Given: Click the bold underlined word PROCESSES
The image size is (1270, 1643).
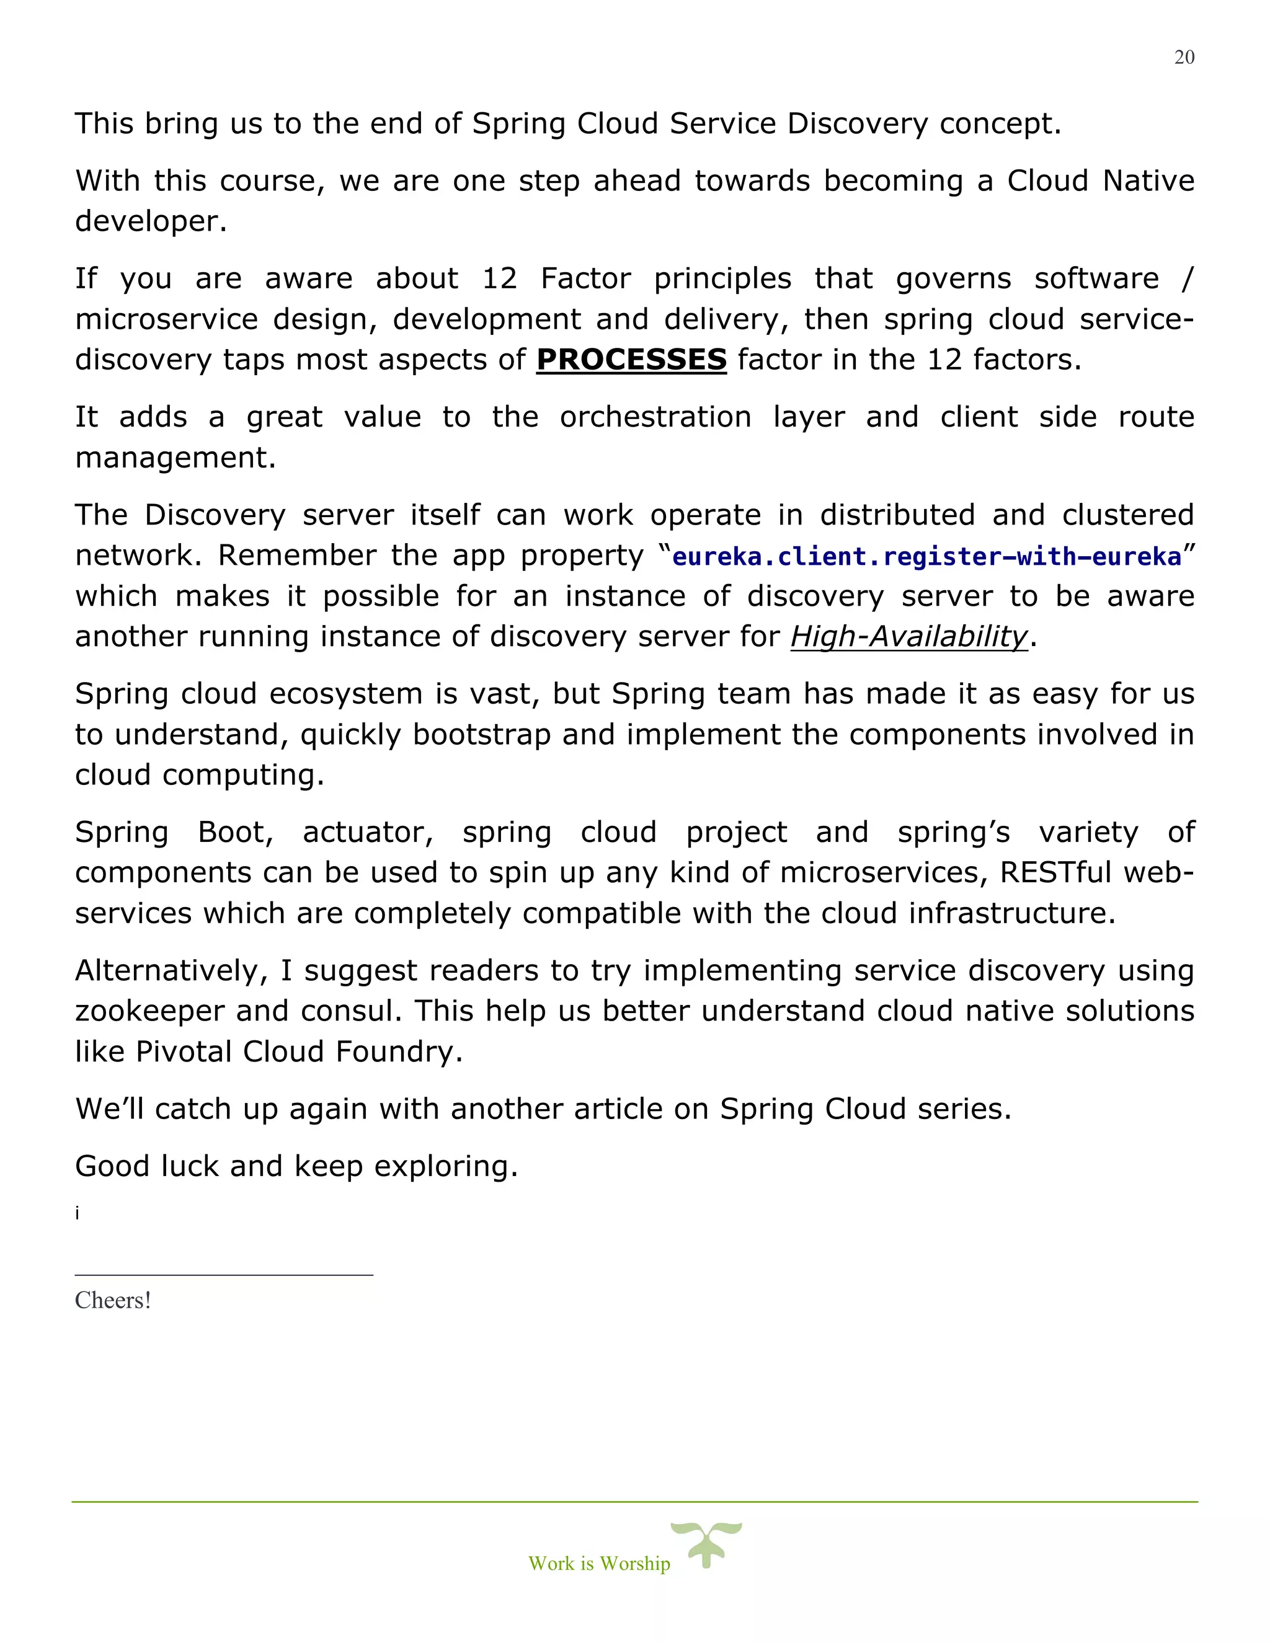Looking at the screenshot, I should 631,360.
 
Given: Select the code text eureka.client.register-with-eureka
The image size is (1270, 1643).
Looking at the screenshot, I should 926,557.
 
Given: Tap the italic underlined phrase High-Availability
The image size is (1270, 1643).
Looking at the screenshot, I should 908,637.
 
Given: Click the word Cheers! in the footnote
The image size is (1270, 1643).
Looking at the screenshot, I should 113,1300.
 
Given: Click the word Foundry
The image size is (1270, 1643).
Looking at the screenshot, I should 398,1052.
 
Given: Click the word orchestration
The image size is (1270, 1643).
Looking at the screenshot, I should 655,417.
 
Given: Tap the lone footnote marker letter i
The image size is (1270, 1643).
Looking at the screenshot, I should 77,1213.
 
